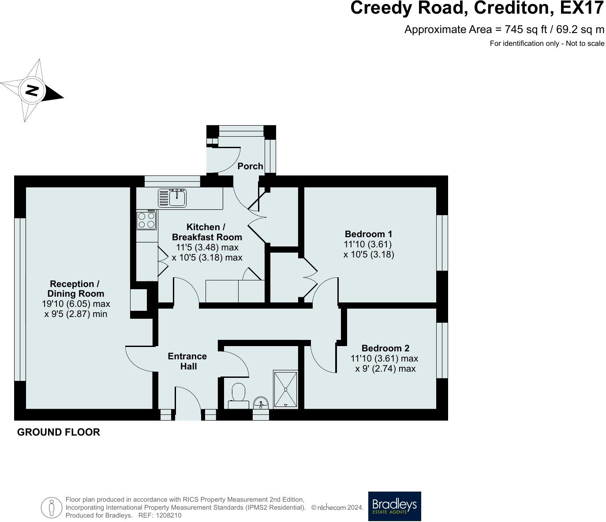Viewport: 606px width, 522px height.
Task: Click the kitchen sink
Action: (x=172, y=198)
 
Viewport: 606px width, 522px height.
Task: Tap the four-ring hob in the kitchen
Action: (x=146, y=220)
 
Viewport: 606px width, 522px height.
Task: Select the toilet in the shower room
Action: (x=238, y=395)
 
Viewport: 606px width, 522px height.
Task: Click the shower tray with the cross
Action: (x=285, y=389)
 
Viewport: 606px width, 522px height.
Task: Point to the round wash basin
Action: (x=261, y=403)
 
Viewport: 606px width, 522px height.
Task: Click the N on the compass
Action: (x=31, y=90)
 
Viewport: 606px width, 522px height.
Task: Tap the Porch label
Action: (x=250, y=166)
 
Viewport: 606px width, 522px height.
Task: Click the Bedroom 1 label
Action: (x=368, y=234)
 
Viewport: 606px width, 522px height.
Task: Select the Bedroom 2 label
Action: (x=385, y=348)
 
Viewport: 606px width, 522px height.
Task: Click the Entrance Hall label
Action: (x=187, y=361)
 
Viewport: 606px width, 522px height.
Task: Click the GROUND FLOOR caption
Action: (x=59, y=432)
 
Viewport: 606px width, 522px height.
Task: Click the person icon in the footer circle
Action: (x=52, y=507)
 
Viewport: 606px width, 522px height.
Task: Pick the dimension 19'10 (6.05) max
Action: (x=76, y=304)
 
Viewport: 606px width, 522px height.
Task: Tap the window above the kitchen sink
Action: (x=172, y=181)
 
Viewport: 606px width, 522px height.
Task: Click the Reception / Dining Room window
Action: (x=20, y=299)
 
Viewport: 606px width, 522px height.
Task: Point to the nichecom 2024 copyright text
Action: (x=337, y=507)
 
